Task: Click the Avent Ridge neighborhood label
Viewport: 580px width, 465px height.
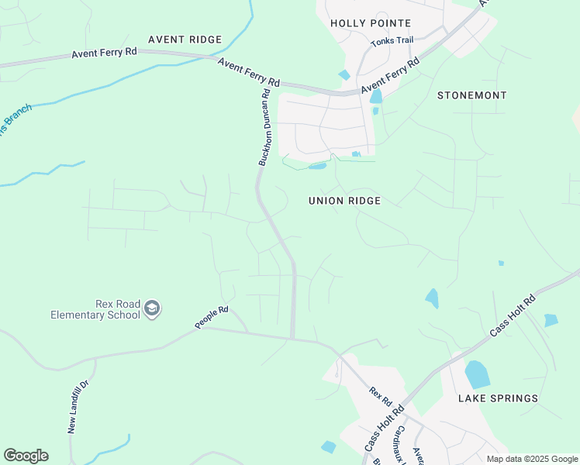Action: (185, 39)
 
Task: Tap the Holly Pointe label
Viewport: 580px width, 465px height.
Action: (371, 23)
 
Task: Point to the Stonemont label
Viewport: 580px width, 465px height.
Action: (471, 95)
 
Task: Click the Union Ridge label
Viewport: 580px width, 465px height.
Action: (344, 201)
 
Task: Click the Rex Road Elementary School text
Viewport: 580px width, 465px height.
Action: (95, 309)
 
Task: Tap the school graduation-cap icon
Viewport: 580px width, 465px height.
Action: (152, 309)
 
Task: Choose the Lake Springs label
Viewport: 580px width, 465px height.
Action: (498, 398)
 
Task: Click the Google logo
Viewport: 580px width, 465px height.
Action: (26, 456)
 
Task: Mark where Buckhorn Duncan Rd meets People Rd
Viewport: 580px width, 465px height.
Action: (292, 338)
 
